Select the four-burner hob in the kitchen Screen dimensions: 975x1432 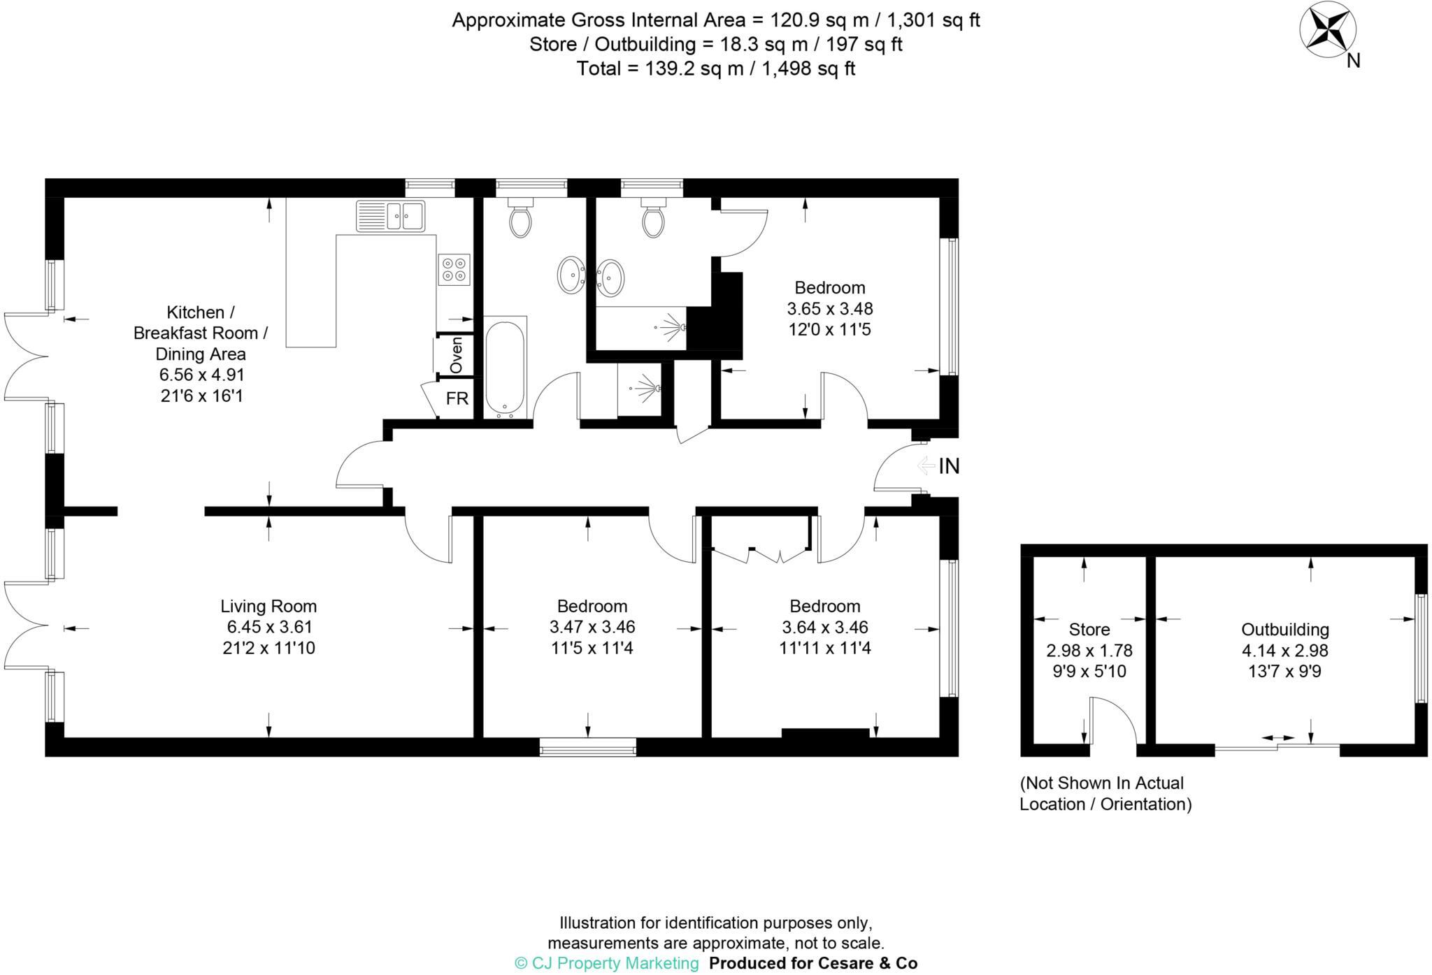(x=454, y=269)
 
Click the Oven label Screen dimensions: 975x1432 (x=456, y=356)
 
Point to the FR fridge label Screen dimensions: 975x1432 (x=457, y=398)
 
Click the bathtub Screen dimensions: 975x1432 (x=504, y=368)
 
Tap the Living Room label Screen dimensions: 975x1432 (x=268, y=606)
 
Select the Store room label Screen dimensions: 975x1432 (x=1089, y=630)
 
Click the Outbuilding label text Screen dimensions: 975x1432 (x=1284, y=630)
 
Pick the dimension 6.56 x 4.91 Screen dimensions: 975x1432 (x=201, y=375)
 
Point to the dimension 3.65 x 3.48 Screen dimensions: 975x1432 (x=830, y=308)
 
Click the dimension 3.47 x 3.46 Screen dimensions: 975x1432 (x=592, y=627)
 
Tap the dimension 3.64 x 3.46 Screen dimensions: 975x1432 (x=825, y=627)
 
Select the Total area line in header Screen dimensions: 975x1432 (x=715, y=68)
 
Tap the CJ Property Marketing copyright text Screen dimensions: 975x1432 (x=607, y=963)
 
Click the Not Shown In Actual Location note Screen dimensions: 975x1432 (x=1105, y=793)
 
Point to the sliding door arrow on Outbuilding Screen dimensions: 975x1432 (x=1277, y=737)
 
